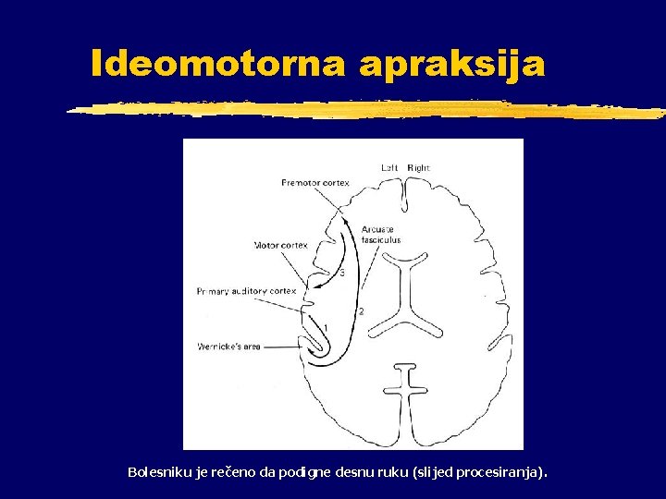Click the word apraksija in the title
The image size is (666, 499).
[x=453, y=65]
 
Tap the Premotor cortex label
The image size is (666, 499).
[x=314, y=183]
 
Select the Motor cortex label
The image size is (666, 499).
[x=280, y=245]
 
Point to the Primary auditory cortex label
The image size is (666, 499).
[x=246, y=290]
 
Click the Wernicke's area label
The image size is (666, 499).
[x=228, y=347]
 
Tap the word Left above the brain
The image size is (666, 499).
[x=391, y=168]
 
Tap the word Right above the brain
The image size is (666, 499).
[x=418, y=168]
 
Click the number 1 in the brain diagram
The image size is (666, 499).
[x=325, y=328]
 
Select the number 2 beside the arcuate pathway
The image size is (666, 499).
[x=361, y=310]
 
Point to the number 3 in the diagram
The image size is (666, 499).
[x=342, y=273]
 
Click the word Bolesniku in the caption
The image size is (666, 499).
[x=159, y=472]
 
